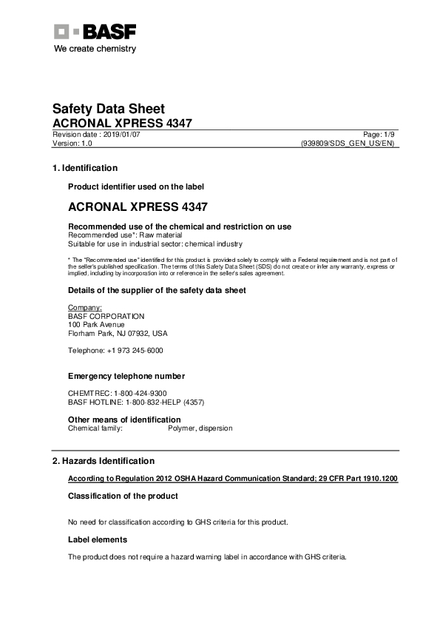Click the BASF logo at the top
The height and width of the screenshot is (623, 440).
[x=95, y=32]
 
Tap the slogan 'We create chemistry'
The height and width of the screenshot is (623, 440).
[x=95, y=49]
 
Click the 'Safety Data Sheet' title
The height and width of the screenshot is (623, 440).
[x=108, y=109]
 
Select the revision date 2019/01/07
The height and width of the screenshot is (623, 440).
[x=121, y=135]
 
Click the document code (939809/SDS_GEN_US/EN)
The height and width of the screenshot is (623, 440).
[x=349, y=144]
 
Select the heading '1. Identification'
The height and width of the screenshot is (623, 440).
[x=84, y=168]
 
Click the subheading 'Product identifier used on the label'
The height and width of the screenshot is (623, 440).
[x=135, y=186]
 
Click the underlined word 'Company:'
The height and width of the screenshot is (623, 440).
[x=84, y=307]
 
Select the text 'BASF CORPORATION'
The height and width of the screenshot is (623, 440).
[x=106, y=316]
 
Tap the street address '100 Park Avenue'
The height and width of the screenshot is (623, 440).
[x=96, y=324]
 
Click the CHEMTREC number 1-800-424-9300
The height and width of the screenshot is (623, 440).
[x=140, y=393]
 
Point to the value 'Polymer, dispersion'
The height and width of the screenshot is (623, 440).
[x=200, y=428]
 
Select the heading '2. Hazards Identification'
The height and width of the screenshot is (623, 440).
[x=103, y=460]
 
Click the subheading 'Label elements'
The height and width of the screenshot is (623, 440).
[x=97, y=539]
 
